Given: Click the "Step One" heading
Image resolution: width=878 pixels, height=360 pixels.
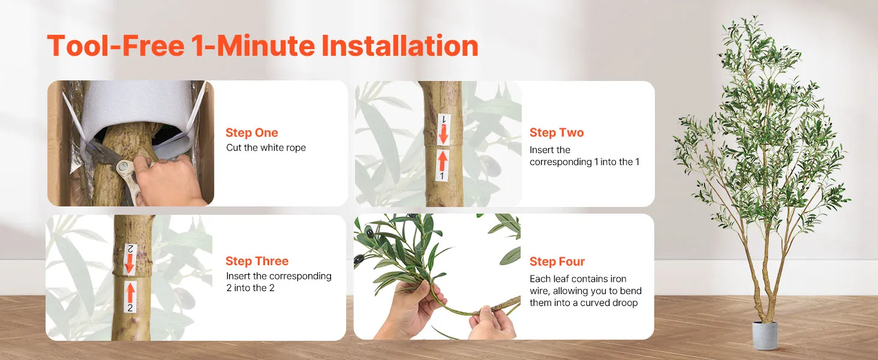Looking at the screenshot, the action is pyautogui.click(x=252, y=133).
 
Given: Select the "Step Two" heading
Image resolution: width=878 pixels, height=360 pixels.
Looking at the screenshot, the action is pyautogui.click(x=557, y=133).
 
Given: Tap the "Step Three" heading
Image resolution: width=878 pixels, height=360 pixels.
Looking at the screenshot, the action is pyautogui.click(x=257, y=261).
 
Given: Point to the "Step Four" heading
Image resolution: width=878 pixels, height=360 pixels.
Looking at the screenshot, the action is pyautogui.click(x=557, y=261).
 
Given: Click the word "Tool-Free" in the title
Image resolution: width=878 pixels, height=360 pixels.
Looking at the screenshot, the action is pyautogui.click(x=116, y=46).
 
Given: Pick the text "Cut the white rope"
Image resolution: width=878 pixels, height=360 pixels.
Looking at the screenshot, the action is pyautogui.click(x=266, y=148).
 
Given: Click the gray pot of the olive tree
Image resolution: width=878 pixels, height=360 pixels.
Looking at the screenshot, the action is pyautogui.click(x=765, y=335).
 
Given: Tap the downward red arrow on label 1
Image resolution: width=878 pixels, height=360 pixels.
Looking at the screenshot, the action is pyautogui.click(x=444, y=134).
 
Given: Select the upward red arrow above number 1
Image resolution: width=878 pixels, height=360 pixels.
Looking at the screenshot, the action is pyautogui.click(x=443, y=160).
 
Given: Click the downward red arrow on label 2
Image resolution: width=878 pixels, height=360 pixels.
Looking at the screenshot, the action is pyautogui.click(x=130, y=263).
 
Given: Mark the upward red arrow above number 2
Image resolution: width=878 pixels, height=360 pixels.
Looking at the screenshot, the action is pyautogui.click(x=131, y=293).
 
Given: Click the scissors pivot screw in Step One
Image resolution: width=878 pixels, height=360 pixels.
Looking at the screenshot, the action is pyautogui.click(x=125, y=166).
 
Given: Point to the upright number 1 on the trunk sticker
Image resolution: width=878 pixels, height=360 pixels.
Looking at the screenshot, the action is pyautogui.click(x=442, y=176).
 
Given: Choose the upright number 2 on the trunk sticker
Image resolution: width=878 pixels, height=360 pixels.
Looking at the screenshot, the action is pyautogui.click(x=130, y=308).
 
